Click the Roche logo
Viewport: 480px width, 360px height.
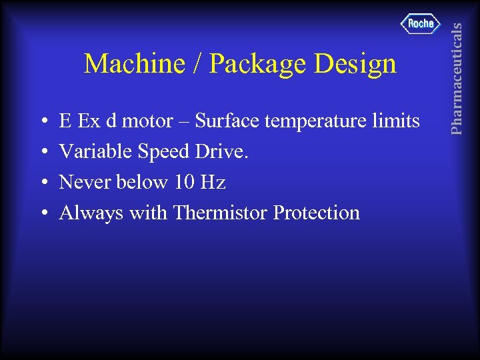(x=421, y=24)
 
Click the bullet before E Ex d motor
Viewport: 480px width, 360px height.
(x=43, y=122)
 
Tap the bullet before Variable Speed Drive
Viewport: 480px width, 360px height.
(x=43, y=153)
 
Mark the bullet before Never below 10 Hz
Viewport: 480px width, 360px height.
(x=43, y=183)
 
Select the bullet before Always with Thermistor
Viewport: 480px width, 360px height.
(x=43, y=213)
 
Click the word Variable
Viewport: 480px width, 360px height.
(x=96, y=151)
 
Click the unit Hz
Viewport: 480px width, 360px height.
(x=212, y=182)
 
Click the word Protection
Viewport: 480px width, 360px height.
(x=316, y=213)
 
